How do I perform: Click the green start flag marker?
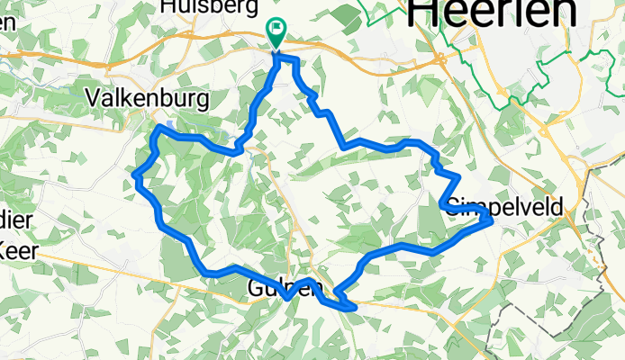click(x=275, y=32)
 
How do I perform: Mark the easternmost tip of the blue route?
click(x=491, y=219)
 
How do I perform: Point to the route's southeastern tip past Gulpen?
click(x=355, y=308)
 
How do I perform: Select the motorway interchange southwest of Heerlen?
click(x=440, y=58)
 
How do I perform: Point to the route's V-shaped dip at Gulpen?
click(x=286, y=296)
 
